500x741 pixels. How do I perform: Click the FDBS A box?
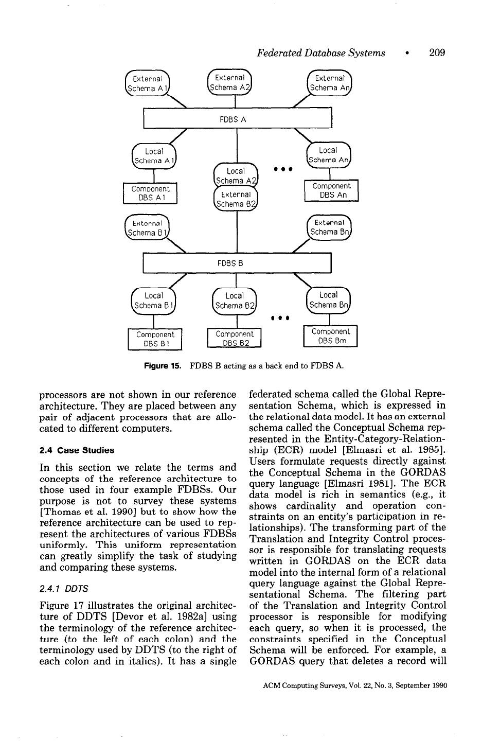[x=237, y=119]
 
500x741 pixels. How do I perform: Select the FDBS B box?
[x=237, y=263]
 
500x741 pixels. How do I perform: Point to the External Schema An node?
[x=329, y=83]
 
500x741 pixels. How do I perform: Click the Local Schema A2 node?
[x=236, y=175]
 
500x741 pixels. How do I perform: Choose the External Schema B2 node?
[x=236, y=199]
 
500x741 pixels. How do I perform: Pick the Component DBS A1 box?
[x=150, y=193]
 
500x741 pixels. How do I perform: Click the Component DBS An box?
[x=331, y=190]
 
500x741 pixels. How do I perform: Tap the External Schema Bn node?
[x=329, y=227]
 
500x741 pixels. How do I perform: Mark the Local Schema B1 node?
[x=154, y=301]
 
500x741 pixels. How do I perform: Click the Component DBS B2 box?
[x=235, y=338]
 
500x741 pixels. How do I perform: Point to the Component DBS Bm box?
[x=330, y=336]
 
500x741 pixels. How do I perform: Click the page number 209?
[x=437, y=52]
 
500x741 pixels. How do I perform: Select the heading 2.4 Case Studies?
[x=77, y=450]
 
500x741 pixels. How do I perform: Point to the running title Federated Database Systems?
[x=321, y=52]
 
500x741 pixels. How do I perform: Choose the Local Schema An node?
[x=329, y=155]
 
